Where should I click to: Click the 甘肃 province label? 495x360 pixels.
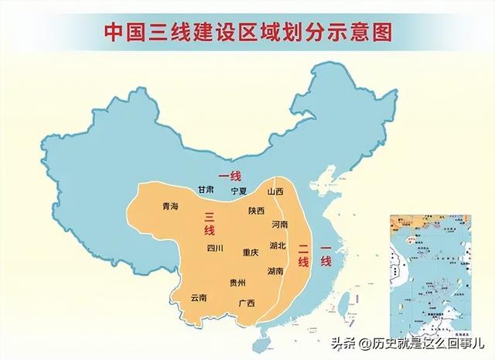click(x=205, y=190)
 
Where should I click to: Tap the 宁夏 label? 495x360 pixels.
click(x=239, y=190)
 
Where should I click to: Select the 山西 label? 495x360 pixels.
click(x=275, y=191)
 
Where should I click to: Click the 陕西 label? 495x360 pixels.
click(x=257, y=210)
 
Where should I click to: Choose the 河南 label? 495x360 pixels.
click(x=280, y=224)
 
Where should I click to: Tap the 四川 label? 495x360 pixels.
click(x=215, y=249)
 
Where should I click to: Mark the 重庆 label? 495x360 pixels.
click(x=250, y=252)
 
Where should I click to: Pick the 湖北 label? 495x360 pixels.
click(x=278, y=245)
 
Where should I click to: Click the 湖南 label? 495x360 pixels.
click(x=275, y=272)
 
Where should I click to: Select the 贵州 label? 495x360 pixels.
click(x=238, y=284)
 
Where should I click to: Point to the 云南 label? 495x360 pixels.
click(x=199, y=297)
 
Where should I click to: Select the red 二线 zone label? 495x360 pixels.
click(x=303, y=254)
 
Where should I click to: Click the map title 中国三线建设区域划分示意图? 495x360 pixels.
click(x=247, y=32)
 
